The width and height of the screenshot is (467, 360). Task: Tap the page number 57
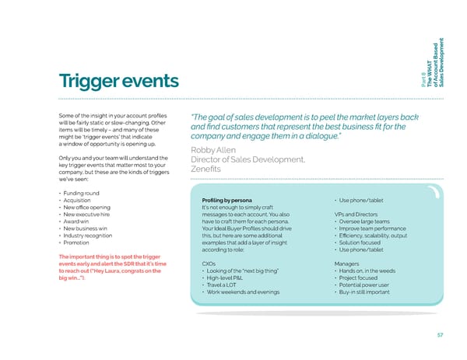click(x=441, y=335)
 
